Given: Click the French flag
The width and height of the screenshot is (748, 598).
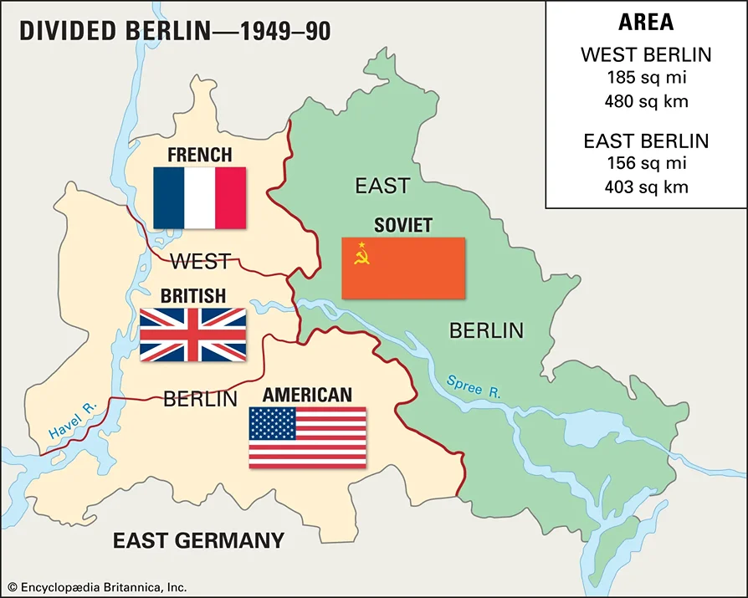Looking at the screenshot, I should coord(199,198).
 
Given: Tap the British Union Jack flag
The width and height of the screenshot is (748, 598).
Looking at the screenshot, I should coord(192,335).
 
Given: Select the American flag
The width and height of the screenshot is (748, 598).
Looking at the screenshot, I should coord(307,437).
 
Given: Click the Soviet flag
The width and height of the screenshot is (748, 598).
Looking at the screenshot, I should coord(402,268).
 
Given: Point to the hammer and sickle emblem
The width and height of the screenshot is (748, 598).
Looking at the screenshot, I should coord(361,254).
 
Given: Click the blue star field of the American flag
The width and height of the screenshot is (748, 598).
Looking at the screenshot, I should coord(273,424).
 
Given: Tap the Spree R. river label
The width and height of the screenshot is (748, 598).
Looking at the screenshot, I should coord(473,386).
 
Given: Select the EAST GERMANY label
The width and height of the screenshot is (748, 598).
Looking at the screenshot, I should coord(198,540).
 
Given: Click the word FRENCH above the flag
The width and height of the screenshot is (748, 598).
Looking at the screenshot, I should coord(199,155).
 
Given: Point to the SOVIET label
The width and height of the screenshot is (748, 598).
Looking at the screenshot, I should coord(402,226).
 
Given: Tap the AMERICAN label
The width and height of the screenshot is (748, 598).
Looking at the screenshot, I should coord(307,395).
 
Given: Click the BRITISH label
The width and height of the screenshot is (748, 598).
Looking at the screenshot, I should coord(192,296).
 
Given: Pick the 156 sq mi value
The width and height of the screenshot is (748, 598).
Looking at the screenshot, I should coord(646,164).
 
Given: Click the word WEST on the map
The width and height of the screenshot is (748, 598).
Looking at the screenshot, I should coord(200,262).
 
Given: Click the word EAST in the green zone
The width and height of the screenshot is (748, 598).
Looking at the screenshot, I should coord(382,185).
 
